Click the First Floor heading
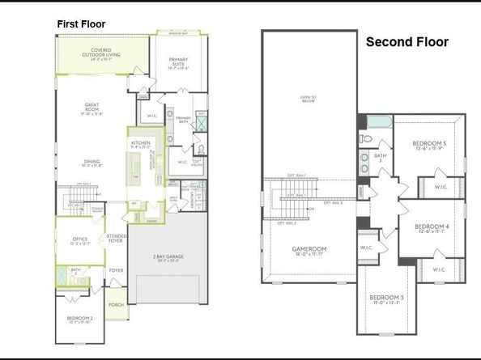point(81,24)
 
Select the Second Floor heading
point(407,41)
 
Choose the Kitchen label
point(141,144)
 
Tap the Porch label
point(117,305)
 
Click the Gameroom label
point(308,250)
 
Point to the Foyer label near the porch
point(117,271)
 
